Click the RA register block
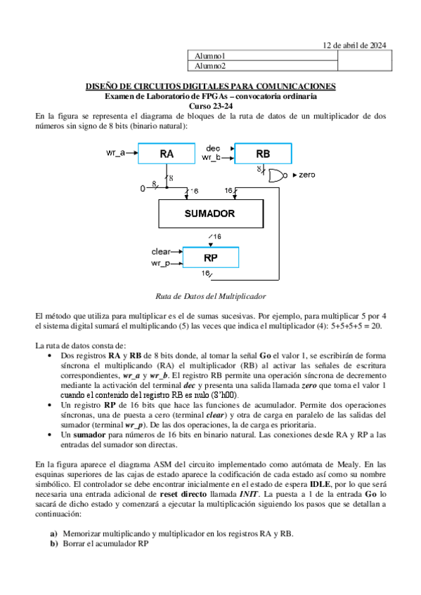pyautogui.click(x=167, y=154)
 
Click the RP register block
pyautogui.click(x=210, y=258)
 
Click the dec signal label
pyautogui.click(x=214, y=148)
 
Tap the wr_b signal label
pyautogui.click(x=212, y=158)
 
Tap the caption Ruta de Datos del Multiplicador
pyautogui.click(x=210, y=296)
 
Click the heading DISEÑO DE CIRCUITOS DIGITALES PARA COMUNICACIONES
pyautogui.click(x=210, y=86)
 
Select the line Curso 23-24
pyautogui.click(x=210, y=105)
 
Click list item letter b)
pyautogui.click(x=53, y=543)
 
